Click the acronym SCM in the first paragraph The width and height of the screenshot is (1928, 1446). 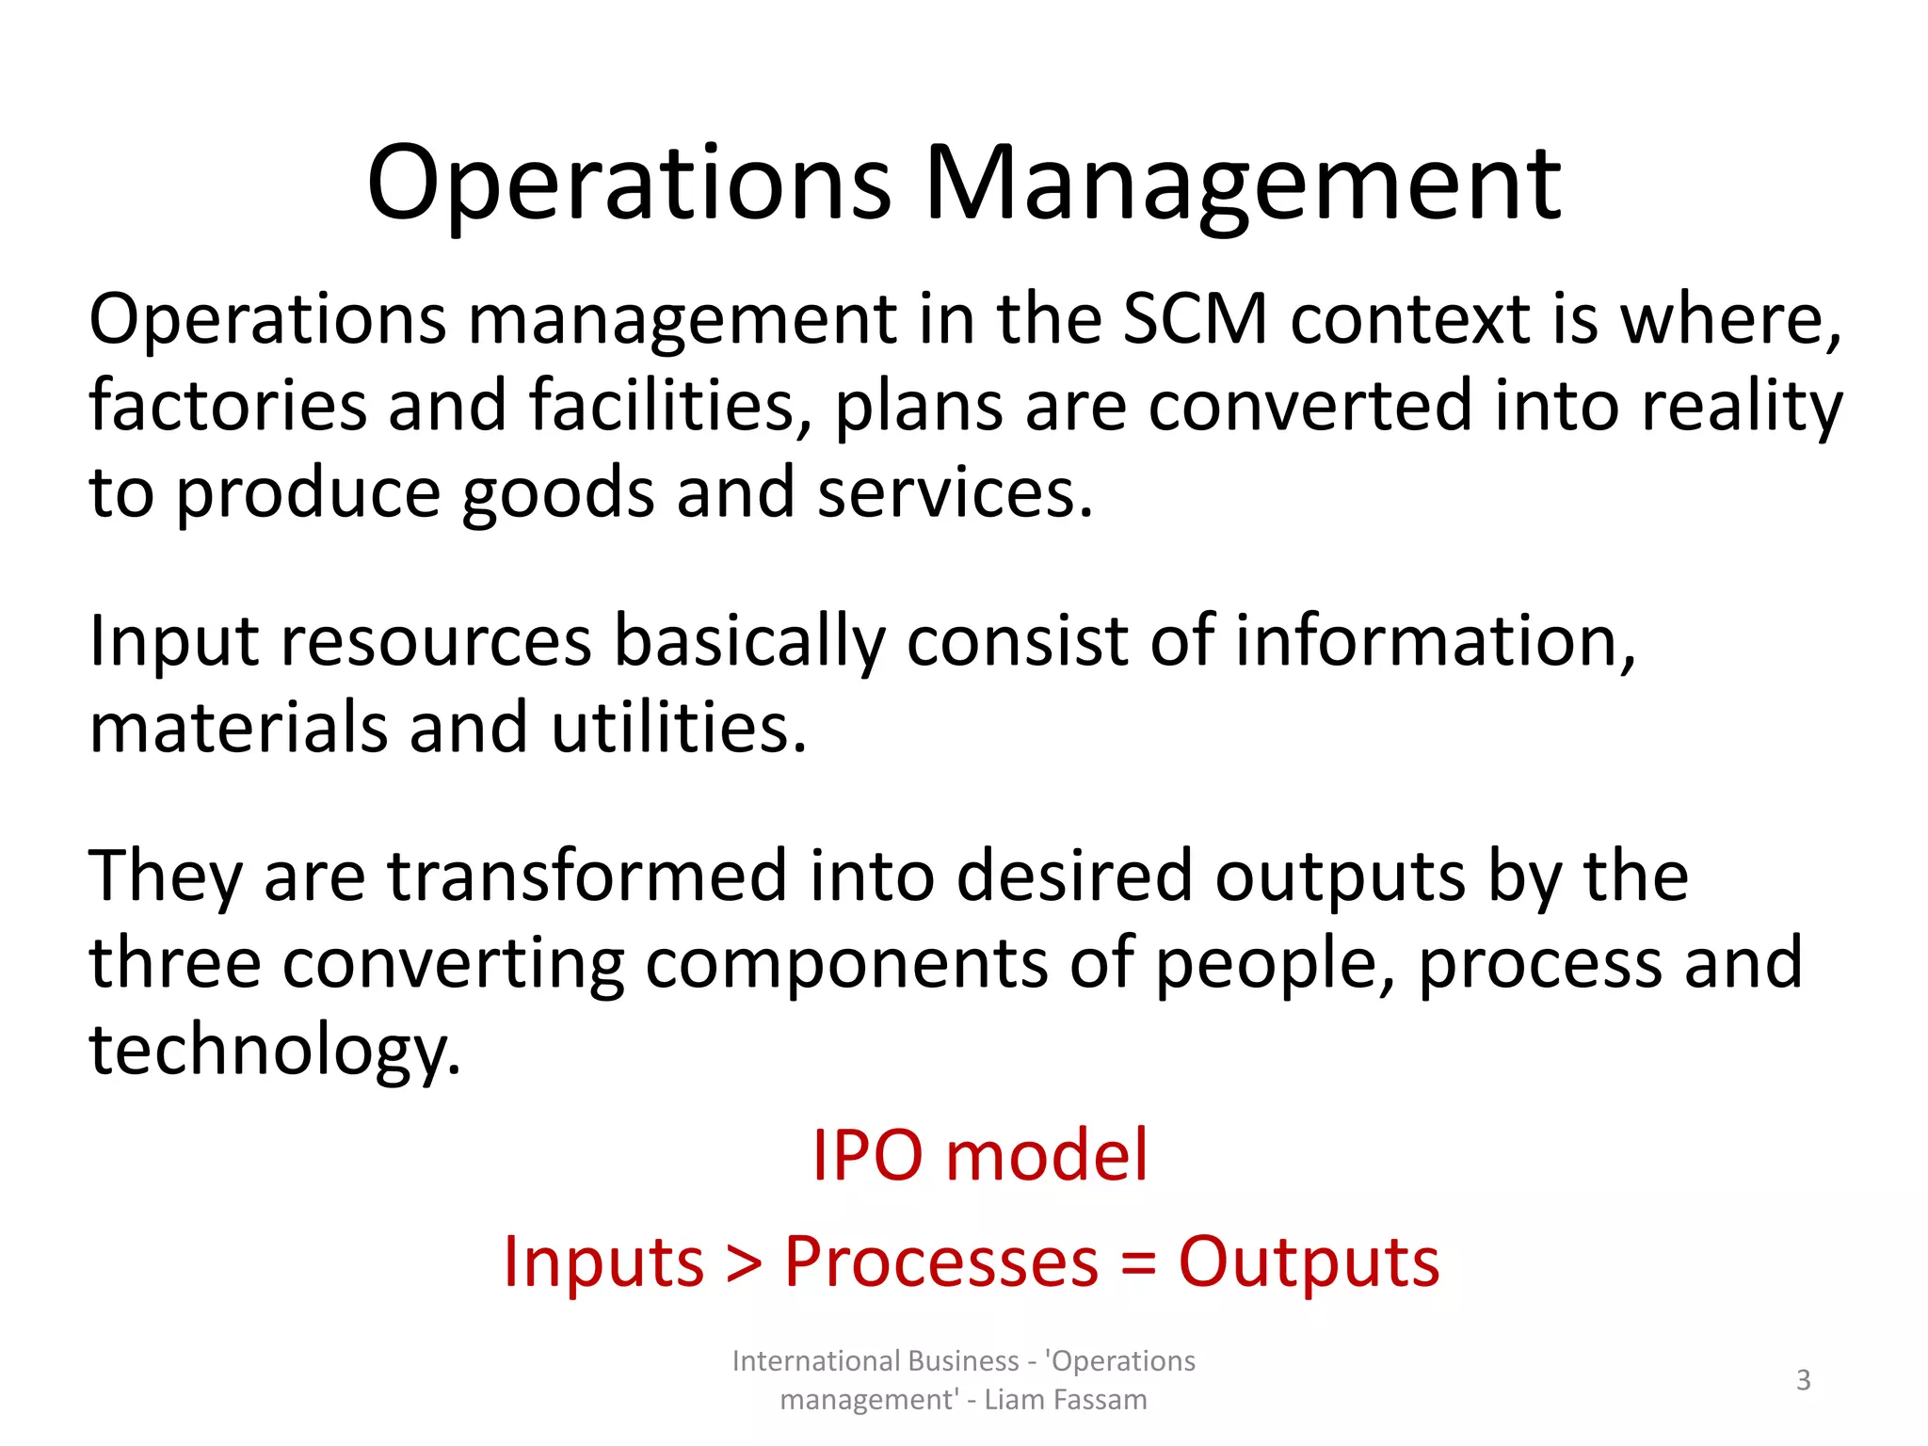tap(1196, 320)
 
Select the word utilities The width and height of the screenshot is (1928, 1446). tap(678, 729)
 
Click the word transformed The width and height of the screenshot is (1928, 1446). tap(587, 876)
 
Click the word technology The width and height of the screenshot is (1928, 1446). tap(273, 1051)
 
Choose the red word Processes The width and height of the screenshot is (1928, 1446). tap(941, 1261)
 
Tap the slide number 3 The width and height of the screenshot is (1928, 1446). tap(1803, 1380)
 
